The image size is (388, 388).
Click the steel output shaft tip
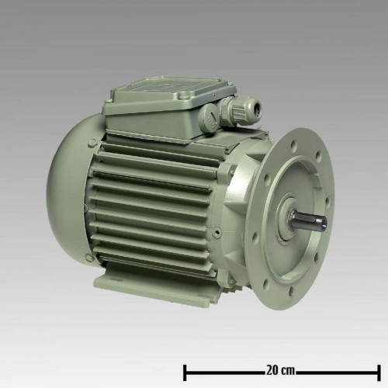pyautogui.click(x=324, y=223)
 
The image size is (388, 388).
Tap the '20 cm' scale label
pyautogui.click(x=280, y=370)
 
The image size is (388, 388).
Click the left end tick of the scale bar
pyautogui.click(x=185, y=372)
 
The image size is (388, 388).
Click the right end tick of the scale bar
pyautogui.click(x=379, y=372)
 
